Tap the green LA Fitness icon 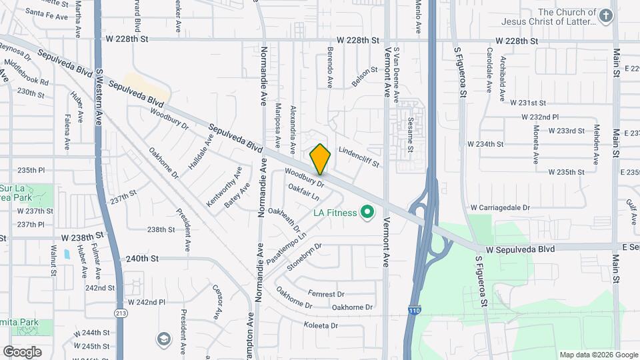tap(366, 213)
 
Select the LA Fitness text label tap(335, 213)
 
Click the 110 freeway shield tap(413, 311)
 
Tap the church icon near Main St tap(605, 17)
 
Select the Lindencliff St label tap(359, 157)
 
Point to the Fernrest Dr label tap(326, 293)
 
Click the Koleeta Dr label tap(321, 326)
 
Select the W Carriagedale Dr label tap(500, 208)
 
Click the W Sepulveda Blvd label tap(520, 249)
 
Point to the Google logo tap(22, 351)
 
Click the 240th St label tap(141, 259)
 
